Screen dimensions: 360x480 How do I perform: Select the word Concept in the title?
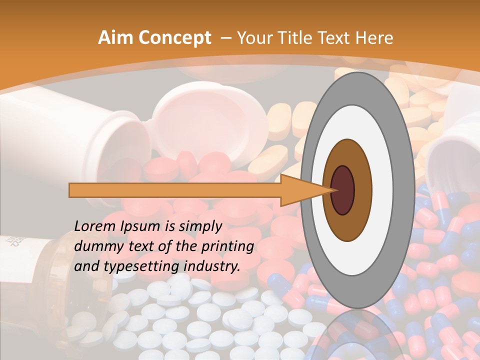[175, 38]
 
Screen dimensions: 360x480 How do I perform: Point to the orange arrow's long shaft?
[175, 190]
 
